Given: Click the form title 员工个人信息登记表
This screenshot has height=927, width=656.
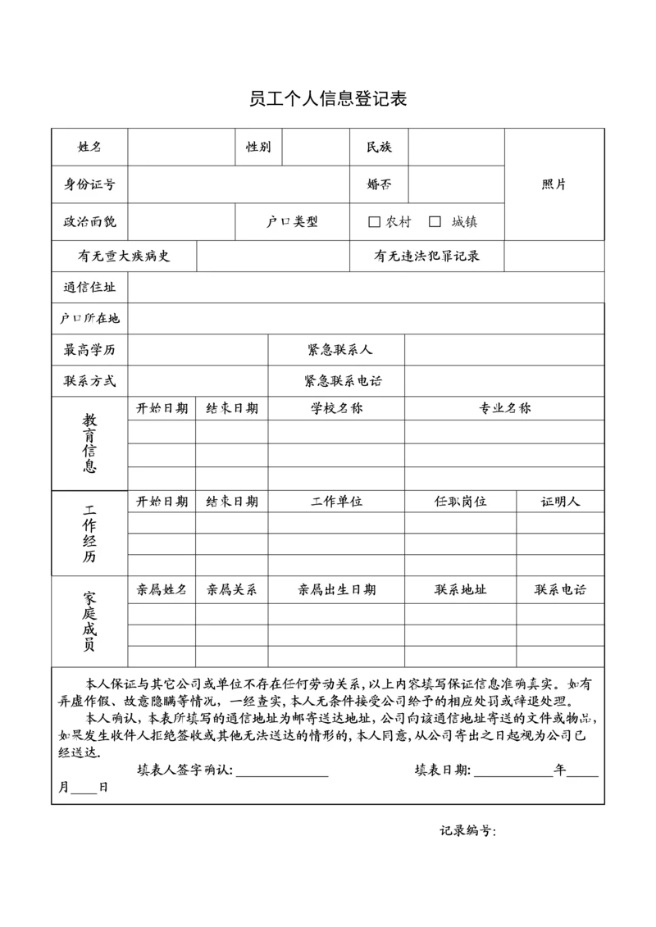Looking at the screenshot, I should [x=328, y=100].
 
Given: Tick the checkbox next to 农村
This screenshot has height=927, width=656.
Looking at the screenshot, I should [x=375, y=221].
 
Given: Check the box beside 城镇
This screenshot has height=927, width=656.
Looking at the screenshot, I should [x=435, y=221].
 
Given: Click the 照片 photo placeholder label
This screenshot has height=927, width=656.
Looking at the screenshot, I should [x=554, y=184].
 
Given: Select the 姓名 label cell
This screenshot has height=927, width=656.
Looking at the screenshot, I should [x=89, y=148].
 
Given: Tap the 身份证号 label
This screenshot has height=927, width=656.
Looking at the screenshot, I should [x=89, y=184].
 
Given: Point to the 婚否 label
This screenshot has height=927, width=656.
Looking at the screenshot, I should [x=379, y=184].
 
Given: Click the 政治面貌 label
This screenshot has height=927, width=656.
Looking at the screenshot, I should [x=89, y=221].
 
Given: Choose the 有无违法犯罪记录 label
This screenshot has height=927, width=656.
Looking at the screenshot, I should [x=426, y=256].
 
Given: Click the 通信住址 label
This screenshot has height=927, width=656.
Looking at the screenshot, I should [x=89, y=288].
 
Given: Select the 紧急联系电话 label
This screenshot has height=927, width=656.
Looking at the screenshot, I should [x=343, y=381].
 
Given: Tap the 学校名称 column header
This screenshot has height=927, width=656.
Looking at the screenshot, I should [x=336, y=408].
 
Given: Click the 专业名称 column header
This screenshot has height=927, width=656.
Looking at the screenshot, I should [x=504, y=408].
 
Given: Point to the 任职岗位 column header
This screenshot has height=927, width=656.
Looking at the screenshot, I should [x=460, y=501].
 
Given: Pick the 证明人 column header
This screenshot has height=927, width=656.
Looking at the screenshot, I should [x=560, y=501].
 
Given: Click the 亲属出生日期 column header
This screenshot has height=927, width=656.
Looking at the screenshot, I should [x=336, y=589].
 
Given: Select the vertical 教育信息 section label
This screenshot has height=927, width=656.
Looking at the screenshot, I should [x=89, y=443].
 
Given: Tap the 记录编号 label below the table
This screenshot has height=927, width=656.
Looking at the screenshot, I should [x=467, y=831].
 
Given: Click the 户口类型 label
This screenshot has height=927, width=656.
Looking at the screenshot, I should [x=292, y=221].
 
